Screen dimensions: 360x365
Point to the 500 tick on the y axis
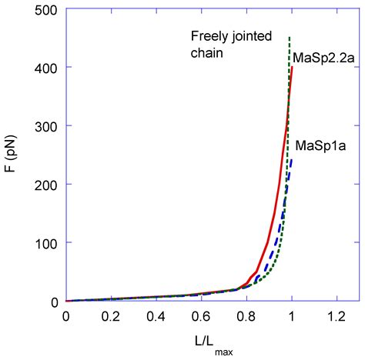pyautogui.click(x=47, y=9)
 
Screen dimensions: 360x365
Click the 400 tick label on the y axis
pyautogui.click(x=47, y=68)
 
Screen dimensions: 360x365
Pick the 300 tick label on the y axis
pyautogui.click(x=47, y=126)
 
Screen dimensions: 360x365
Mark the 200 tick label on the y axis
pyautogui.click(x=47, y=185)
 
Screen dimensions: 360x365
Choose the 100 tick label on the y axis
pyautogui.click(x=47, y=243)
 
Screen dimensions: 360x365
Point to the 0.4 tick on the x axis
pyautogui.click(x=156, y=316)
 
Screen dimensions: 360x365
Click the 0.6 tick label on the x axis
pyautogui.click(x=201, y=316)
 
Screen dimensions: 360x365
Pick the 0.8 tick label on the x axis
pyautogui.click(x=246, y=316)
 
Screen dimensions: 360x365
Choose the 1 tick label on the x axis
pyautogui.click(x=291, y=316)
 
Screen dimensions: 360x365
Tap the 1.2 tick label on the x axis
pyautogui.click(x=336, y=316)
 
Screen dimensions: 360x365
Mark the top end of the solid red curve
pyautogui.click(x=292, y=68)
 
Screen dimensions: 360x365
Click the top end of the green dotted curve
pyautogui.click(x=289, y=38)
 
